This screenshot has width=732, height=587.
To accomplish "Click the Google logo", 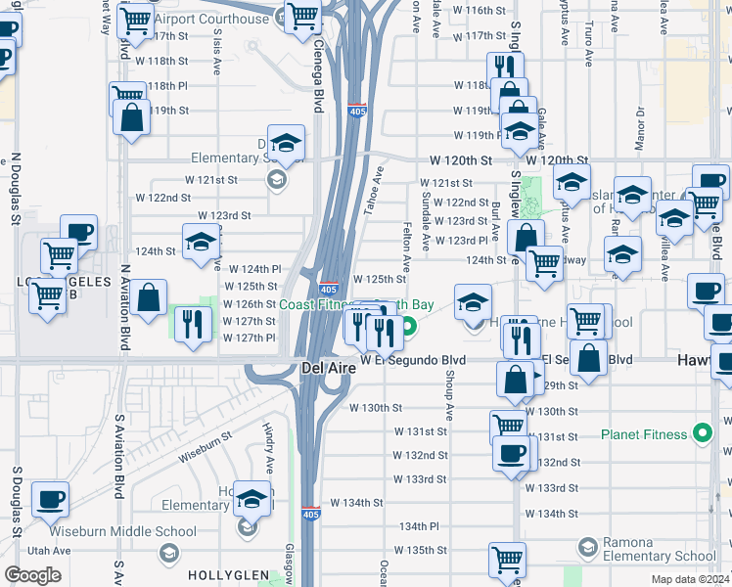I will coord(32,575).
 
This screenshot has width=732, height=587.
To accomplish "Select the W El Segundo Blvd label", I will coord(412,360).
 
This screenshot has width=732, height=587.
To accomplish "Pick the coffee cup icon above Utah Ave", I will coord(50,500).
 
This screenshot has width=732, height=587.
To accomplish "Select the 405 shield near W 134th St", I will coord(310,512).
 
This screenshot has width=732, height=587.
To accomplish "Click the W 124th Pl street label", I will coord(254,268).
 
